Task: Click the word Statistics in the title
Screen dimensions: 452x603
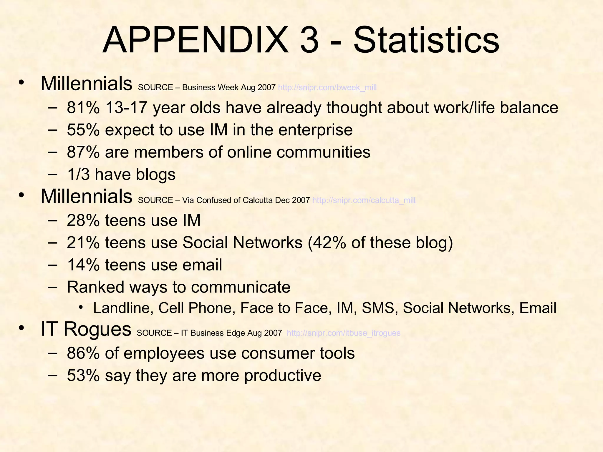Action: tap(426, 40)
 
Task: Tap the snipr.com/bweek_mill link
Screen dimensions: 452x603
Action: tap(327, 87)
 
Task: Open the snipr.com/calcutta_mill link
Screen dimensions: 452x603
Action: tap(364, 200)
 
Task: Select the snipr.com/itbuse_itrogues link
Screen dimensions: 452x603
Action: tap(343, 333)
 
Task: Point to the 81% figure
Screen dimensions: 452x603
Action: tap(83, 107)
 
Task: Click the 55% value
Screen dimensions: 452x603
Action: tap(83, 130)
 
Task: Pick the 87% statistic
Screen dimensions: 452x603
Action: tap(83, 152)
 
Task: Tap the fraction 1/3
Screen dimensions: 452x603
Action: tap(78, 175)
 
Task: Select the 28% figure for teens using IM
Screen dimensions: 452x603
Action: tap(83, 220)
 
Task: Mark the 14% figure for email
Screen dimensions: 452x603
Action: tap(83, 265)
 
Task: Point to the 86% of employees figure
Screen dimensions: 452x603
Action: tap(83, 353)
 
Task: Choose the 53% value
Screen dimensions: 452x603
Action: tap(83, 375)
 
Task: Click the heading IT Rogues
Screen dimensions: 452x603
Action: tap(86, 329)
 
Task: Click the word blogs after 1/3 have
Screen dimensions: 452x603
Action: tap(155, 175)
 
